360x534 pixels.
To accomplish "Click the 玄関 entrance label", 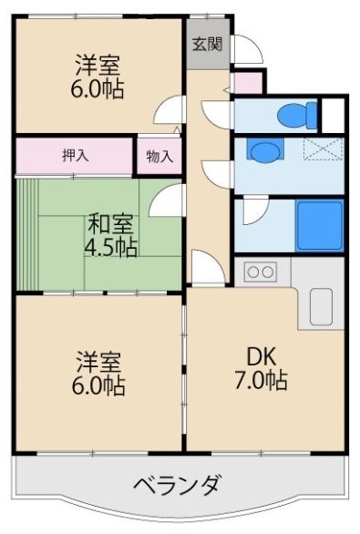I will (208, 45).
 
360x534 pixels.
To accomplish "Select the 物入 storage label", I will (159, 156).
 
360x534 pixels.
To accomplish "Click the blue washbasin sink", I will (262, 150).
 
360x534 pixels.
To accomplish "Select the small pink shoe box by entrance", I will (247, 85).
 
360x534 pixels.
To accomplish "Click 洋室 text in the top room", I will (98, 65).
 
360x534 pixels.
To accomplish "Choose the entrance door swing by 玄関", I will (245, 47).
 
